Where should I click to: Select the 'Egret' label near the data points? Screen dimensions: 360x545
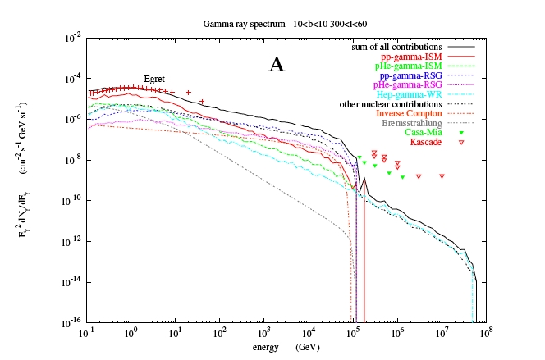point(154,79)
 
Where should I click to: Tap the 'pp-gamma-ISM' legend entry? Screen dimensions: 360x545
point(415,57)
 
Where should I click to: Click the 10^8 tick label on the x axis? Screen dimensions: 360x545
point(486,334)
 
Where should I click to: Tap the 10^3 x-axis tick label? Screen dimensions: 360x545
point(263,334)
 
